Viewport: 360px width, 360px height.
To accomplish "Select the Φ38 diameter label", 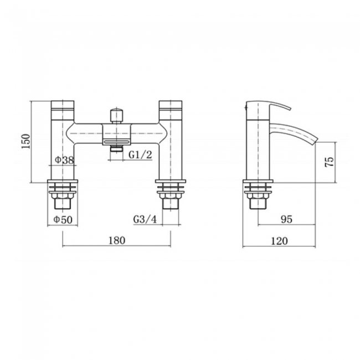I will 64,161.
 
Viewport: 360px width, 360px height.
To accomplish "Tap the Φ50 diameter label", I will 63,220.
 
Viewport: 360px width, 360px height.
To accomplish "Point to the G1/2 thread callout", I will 140,155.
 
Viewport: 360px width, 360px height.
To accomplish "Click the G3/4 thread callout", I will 145,220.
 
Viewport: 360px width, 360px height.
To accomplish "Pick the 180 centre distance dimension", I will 117,240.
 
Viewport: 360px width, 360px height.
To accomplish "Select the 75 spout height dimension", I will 329,161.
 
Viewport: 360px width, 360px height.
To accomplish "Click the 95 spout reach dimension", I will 286,220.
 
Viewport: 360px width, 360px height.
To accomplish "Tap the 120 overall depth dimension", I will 280,240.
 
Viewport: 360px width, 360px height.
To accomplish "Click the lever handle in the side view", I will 269,107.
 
